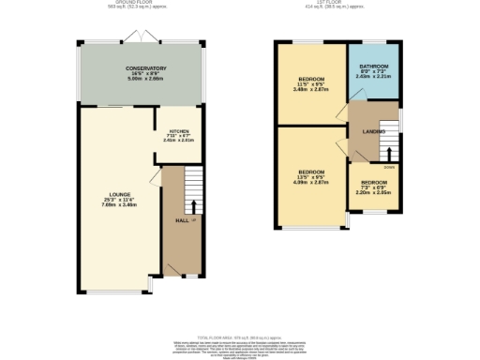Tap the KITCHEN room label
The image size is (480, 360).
coord(179,131)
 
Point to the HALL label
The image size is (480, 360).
coord(182,220)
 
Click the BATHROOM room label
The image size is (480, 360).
coord(373,67)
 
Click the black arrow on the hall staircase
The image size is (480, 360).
coord(195,206)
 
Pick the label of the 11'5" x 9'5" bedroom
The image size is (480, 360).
coord(311,78)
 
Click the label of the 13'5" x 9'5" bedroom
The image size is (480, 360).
coord(311,172)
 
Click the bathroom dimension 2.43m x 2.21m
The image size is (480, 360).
coord(373,77)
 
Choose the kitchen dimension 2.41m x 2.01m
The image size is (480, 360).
coord(179,142)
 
